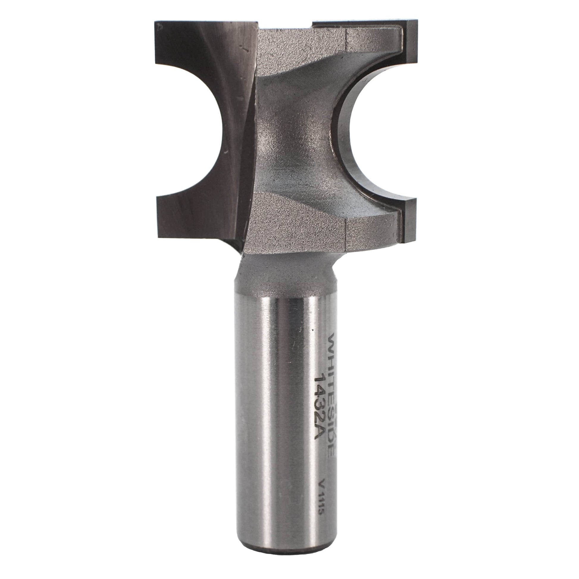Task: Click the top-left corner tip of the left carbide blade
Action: tap(156, 23)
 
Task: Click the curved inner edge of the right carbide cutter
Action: tap(345, 135)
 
